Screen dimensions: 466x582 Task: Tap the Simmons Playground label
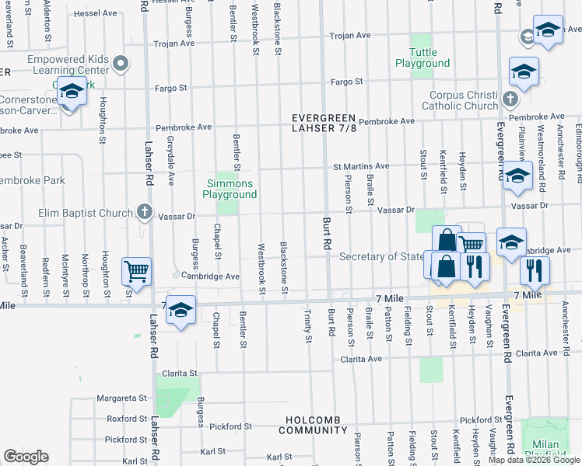click(x=230, y=189)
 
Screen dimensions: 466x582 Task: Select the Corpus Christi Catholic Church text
click(x=464, y=100)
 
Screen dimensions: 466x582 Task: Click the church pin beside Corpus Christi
click(x=510, y=99)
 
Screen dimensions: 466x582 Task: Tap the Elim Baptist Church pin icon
click(x=144, y=210)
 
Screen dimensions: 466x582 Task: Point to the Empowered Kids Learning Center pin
click(x=120, y=63)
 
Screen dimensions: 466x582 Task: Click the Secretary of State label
click(x=381, y=257)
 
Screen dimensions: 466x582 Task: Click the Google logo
click(x=26, y=457)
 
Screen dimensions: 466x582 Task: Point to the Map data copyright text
click(x=535, y=460)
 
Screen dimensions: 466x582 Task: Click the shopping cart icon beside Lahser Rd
click(x=136, y=272)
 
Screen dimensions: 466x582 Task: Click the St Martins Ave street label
click(x=361, y=166)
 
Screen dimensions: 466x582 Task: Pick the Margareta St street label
click(x=121, y=398)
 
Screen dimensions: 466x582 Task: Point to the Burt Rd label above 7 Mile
click(x=327, y=231)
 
